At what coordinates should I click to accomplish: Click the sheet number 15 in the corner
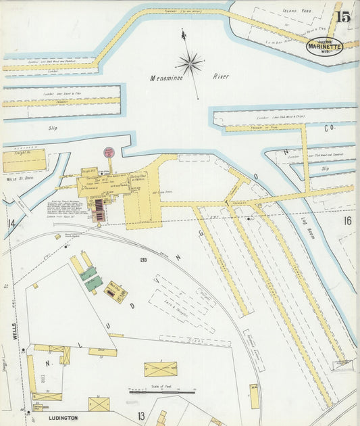pyautogui.click(x=342, y=16)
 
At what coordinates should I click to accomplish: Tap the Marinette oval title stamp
pyautogui.click(x=324, y=46)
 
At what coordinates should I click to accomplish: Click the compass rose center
pyautogui.click(x=190, y=64)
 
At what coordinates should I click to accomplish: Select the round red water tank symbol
pyautogui.click(x=109, y=153)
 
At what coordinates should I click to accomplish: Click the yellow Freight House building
pyautogui.click(x=24, y=161)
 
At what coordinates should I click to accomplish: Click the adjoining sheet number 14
pyautogui.click(x=11, y=223)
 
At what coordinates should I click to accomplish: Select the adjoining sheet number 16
pyautogui.click(x=347, y=220)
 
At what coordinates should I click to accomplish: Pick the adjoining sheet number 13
pyautogui.click(x=141, y=415)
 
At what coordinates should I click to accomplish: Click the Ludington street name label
pyautogui.click(x=63, y=419)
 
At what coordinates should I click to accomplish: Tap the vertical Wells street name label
pyautogui.click(x=14, y=331)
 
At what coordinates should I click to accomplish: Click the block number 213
pyautogui.click(x=143, y=260)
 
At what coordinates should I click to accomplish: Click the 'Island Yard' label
pyautogui.click(x=296, y=11)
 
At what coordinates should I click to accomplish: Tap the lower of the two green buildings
pyautogui.click(x=94, y=283)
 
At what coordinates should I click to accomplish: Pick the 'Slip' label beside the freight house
pyautogui.click(x=53, y=127)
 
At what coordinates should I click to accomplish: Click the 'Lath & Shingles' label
pyautogui.click(x=178, y=306)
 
